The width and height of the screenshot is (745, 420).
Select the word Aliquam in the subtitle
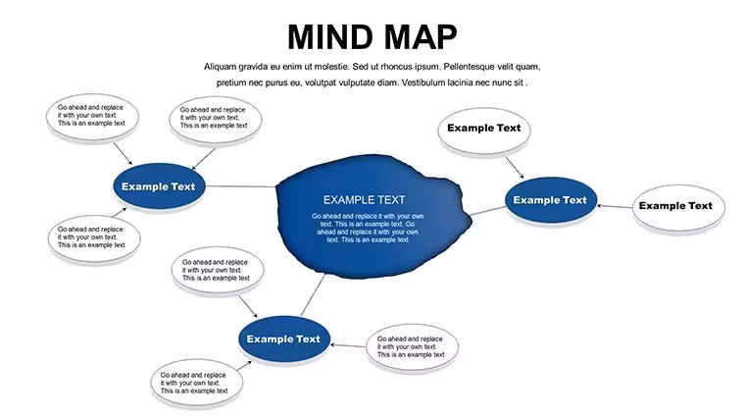pyautogui.click(x=220, y=67)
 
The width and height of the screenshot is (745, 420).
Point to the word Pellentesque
pyautogui.click(x=469, y=67)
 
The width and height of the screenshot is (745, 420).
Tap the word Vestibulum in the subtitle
pyautogui.click(x=423, y=82)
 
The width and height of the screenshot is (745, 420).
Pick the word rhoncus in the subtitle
pyautogui.click(x=396, y=67)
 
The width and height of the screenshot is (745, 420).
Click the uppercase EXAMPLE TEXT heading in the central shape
pyautogui.click(x=365, y=200)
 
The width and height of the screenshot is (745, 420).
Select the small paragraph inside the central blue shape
pyautogui.click(x=368, y=228)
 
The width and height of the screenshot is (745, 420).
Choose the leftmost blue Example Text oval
pyautogui.click(x=159, y=186)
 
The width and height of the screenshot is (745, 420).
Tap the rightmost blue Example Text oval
pyautogui.click(x=550, y=200)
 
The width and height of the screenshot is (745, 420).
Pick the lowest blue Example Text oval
pyautogui.click(x=283, y=339)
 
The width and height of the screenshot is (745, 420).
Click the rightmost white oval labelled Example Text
pyautogui.click(x=678, y=208)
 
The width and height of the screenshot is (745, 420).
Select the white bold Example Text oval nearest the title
pyautogui.click(x=483, y=131)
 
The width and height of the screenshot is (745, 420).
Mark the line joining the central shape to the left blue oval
pyautogui.click(x=241, y=186)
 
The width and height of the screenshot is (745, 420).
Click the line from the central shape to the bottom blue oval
pyautogui.click(x=313, y=295)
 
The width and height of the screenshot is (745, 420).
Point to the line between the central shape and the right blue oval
pyautogui.click(x=487, y=211)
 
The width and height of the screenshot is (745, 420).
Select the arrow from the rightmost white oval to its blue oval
pyautogui.click(x=615, y=206)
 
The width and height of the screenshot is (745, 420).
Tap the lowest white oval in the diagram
pyautogui.click(x=196, y=383)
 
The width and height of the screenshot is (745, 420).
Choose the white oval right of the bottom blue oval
pyautogui.click(x=413, y=347)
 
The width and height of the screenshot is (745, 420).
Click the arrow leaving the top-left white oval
pyautogui.click(x=123, y=154)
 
